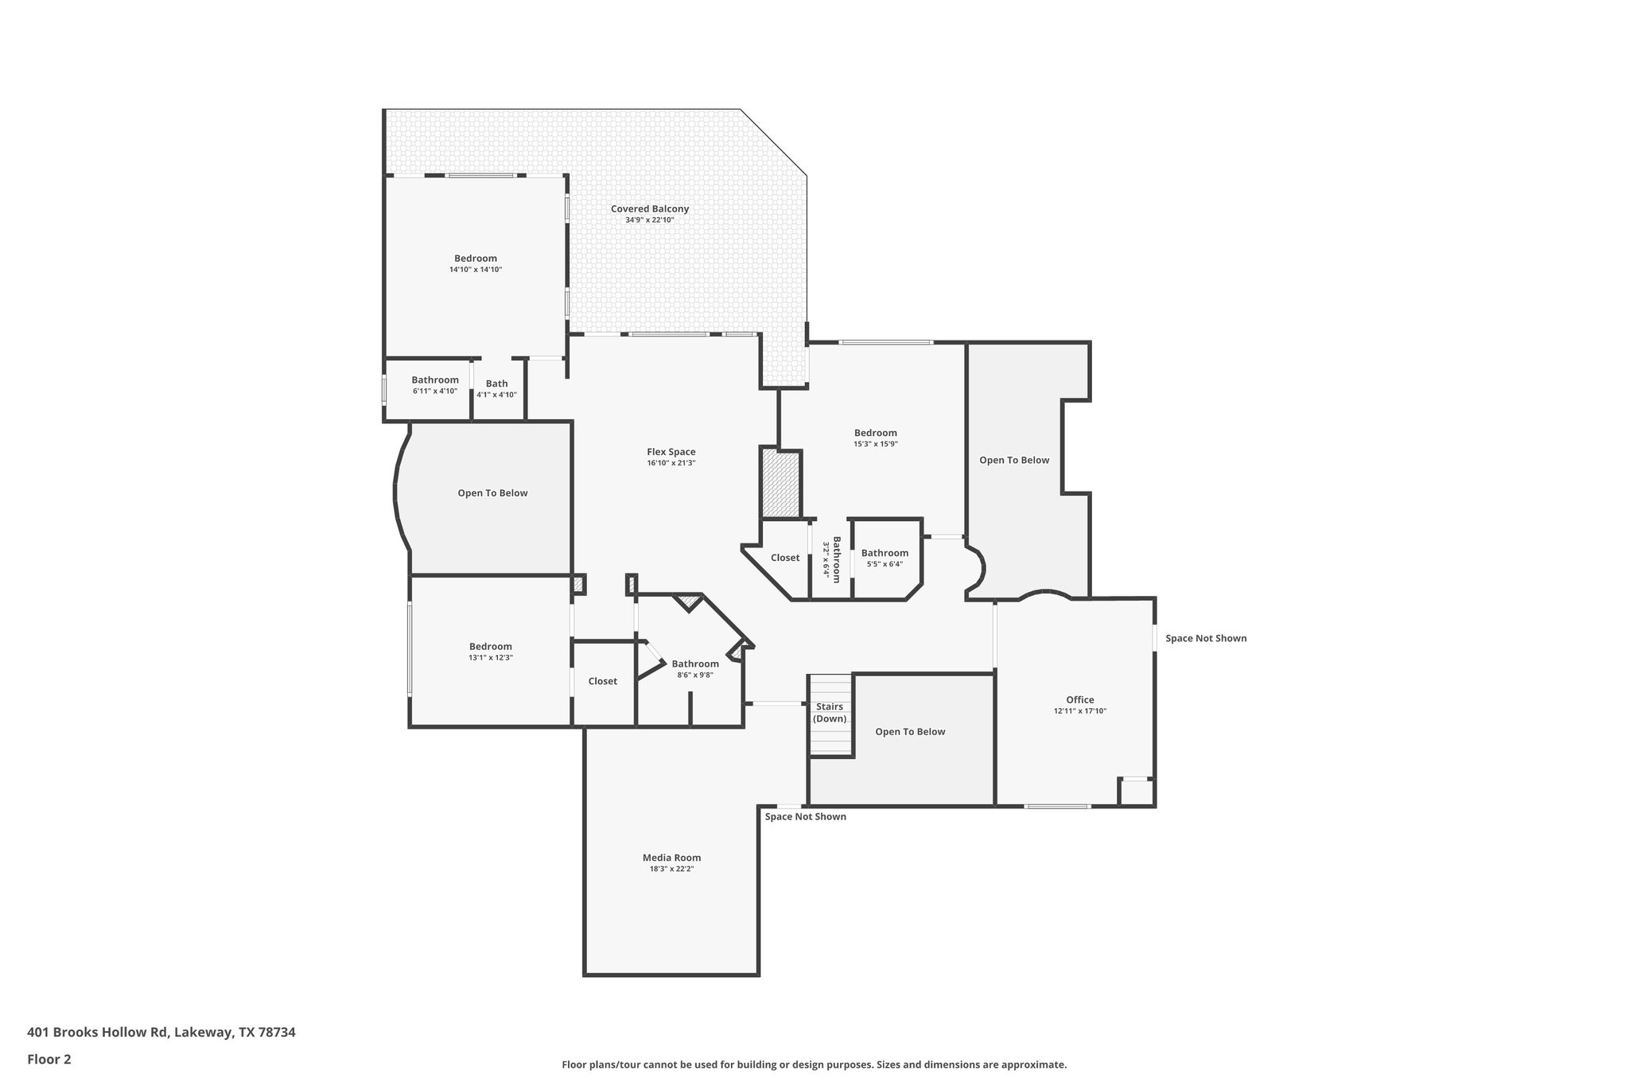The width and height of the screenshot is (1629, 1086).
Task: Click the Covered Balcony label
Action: click(x=650, y=209)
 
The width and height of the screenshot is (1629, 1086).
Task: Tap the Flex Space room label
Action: click(x=671, y=452)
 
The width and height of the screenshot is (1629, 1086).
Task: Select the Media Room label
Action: click(x=671, y=858)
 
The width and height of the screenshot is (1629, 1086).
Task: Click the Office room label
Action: click(x=1079, y=700)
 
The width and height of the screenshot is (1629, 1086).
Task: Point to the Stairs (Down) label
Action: click(x=830, y=713)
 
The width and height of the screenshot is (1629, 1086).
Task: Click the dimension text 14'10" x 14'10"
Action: click(x=476, y=270)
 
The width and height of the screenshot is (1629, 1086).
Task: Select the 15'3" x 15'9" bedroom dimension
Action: click(x=875, y=444)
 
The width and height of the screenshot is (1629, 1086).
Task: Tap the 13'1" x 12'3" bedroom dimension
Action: click(x=490, y=658)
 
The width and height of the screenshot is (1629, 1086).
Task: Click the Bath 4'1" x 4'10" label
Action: click(x=496, y=388)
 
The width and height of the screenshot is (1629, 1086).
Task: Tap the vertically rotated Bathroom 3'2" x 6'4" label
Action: click(x=831, y=559)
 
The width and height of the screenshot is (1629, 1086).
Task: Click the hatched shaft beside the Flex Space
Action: click(x=780, y=485)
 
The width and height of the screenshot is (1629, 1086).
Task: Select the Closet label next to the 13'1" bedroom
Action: click(x=602, y=681)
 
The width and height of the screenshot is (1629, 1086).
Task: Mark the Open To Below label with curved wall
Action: click(x=492, y=493)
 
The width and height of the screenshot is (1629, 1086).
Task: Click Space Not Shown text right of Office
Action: click(x=1206, y=638)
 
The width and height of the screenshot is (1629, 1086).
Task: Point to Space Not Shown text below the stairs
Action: click(x=805, y=816)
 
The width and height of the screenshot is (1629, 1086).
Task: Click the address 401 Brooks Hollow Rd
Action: click(x=161, y=1032)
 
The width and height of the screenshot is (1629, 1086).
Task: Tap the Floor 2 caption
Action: click(x=49, y=1059)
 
